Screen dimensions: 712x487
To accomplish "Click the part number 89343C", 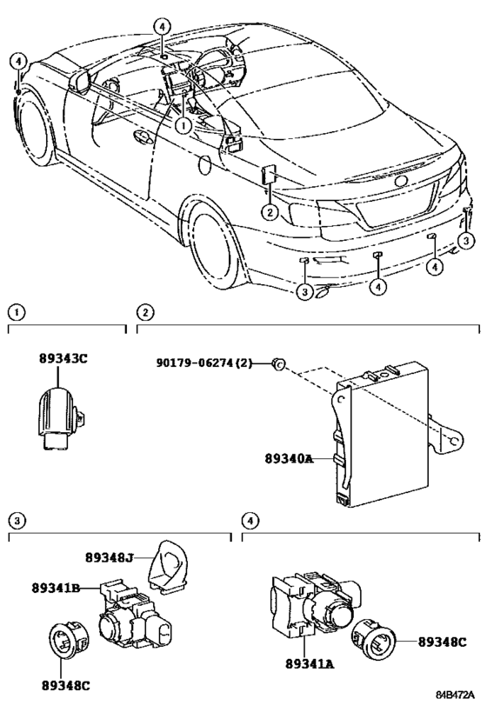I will coord(63,358).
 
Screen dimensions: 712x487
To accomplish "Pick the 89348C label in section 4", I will coord(443,642).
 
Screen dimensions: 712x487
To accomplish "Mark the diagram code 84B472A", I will coord(455,695).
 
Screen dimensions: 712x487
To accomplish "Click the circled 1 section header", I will coord(16,311).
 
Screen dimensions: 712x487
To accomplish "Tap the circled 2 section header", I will coord(145,311).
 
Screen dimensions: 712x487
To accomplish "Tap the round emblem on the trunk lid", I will coord(401,182).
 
